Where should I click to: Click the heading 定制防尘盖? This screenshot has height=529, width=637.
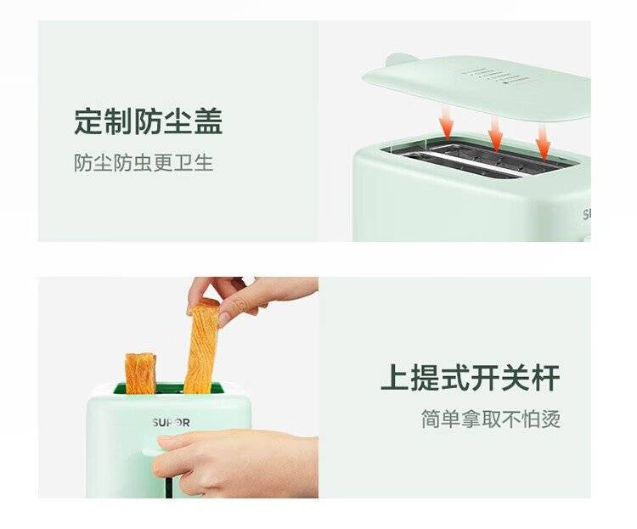(149, 121)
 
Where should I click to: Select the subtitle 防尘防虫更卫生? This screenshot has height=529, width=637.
(144, 163)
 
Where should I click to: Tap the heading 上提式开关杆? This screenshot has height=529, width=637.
(471, 378)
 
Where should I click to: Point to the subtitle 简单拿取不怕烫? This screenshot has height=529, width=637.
(491, 419)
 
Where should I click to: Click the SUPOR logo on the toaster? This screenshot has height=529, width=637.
(172, 423)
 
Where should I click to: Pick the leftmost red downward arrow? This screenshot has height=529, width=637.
(447, 123)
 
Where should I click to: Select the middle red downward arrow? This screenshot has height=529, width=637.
(495, 133)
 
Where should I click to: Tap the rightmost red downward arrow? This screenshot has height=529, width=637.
(543, 142)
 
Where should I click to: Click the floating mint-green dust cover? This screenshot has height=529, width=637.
(476, 87)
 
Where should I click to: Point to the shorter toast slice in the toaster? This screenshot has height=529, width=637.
(140, 374)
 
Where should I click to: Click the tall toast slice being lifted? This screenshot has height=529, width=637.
(202, 346)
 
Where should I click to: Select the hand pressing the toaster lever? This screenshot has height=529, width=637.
(235, 463)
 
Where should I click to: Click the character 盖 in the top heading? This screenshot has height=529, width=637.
(208, 121)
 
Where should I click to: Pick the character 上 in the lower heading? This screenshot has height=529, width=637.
(395, 378)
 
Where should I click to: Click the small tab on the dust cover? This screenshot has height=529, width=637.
(401, 59)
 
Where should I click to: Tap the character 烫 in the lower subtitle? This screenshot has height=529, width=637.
(551, 419)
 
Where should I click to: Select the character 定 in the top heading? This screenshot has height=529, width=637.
(88, 121)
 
